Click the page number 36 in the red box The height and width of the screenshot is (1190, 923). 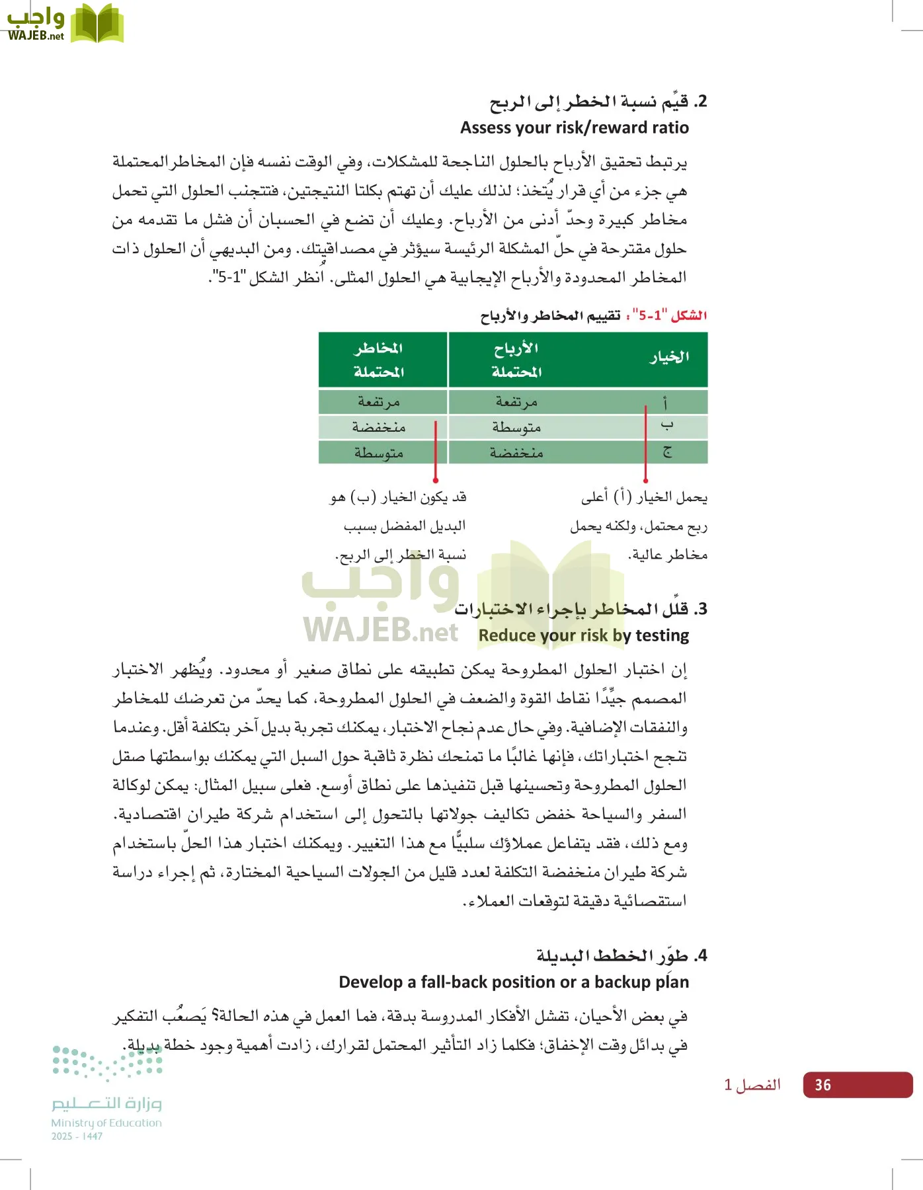pyautogui.click(x=823, y=1085)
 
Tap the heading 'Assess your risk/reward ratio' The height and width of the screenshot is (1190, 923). pyautogui.click(x=574, y=128)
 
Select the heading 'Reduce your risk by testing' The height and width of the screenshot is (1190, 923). pyautogui.click(x=583, y=635)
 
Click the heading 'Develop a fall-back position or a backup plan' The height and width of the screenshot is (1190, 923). pyautogui.click(x=513, y=982)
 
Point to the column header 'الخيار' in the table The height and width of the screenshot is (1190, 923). pyautogui.click(x=668, y=358)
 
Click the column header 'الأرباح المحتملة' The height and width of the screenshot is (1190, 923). pyautogui.click(x=516, y=360)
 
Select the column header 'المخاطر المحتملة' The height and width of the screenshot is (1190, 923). pyautogui.click(x=378, y=360)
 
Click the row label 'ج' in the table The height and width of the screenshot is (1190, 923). pyautogui.click(x=666, y=452)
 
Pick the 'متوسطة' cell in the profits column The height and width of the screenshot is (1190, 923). pyautogui.click(x=516, y=428)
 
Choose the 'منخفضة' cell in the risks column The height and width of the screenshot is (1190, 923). pyautogui.click(x=378, y=428)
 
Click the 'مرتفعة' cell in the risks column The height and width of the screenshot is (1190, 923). pyautogui.click(x=378, y=402)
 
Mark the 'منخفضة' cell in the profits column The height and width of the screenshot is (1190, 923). pyautogui.click(x=516, y=453)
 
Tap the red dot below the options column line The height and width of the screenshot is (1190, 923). pyautogui.click(x=645, y=481)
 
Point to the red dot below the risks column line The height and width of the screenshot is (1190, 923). pyautogui.click(x=436, y=481)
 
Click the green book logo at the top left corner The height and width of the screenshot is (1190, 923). pyautogui.click(x=97, y=24)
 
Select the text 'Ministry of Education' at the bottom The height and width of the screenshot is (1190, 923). pyautogui.click(x=106, y=1123)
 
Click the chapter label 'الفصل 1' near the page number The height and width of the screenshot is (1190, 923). pyautogui.click(x=752, y=1085)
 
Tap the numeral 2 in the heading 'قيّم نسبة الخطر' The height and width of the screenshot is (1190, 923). pyautogui.click(x=702, y=102)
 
